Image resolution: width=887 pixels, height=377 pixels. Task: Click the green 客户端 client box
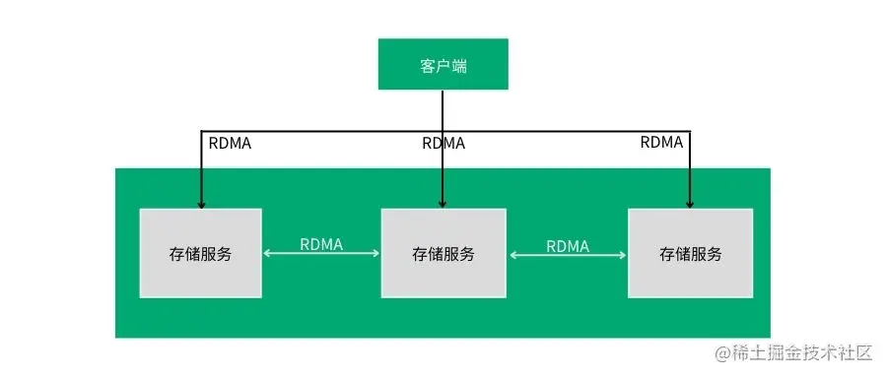443,64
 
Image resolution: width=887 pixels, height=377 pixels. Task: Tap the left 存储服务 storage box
201,253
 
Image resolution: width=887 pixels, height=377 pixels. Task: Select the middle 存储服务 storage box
443,253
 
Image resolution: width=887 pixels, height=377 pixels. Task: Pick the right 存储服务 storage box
690,253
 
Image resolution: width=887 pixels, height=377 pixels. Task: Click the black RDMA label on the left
230,143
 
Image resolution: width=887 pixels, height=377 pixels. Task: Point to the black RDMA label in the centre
443,143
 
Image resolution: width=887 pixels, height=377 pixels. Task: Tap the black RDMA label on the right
661,142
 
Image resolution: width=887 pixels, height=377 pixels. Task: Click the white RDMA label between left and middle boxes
321,245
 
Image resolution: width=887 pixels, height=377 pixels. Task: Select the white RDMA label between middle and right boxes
568,246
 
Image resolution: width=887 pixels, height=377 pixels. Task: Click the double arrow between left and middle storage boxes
321,255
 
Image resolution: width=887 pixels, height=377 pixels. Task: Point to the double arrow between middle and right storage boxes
568,256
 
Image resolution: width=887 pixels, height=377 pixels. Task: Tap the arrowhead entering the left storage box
201,204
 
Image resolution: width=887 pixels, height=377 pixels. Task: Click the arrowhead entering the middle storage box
443,204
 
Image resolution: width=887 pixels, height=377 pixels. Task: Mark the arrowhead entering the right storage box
690,204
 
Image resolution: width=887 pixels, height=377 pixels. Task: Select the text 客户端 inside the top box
443,65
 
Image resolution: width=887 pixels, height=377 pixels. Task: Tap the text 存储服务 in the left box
201,253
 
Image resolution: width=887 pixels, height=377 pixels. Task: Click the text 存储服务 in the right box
690,253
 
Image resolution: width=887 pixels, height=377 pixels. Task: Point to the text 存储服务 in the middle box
443,253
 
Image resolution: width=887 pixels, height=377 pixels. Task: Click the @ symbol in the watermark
722,352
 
